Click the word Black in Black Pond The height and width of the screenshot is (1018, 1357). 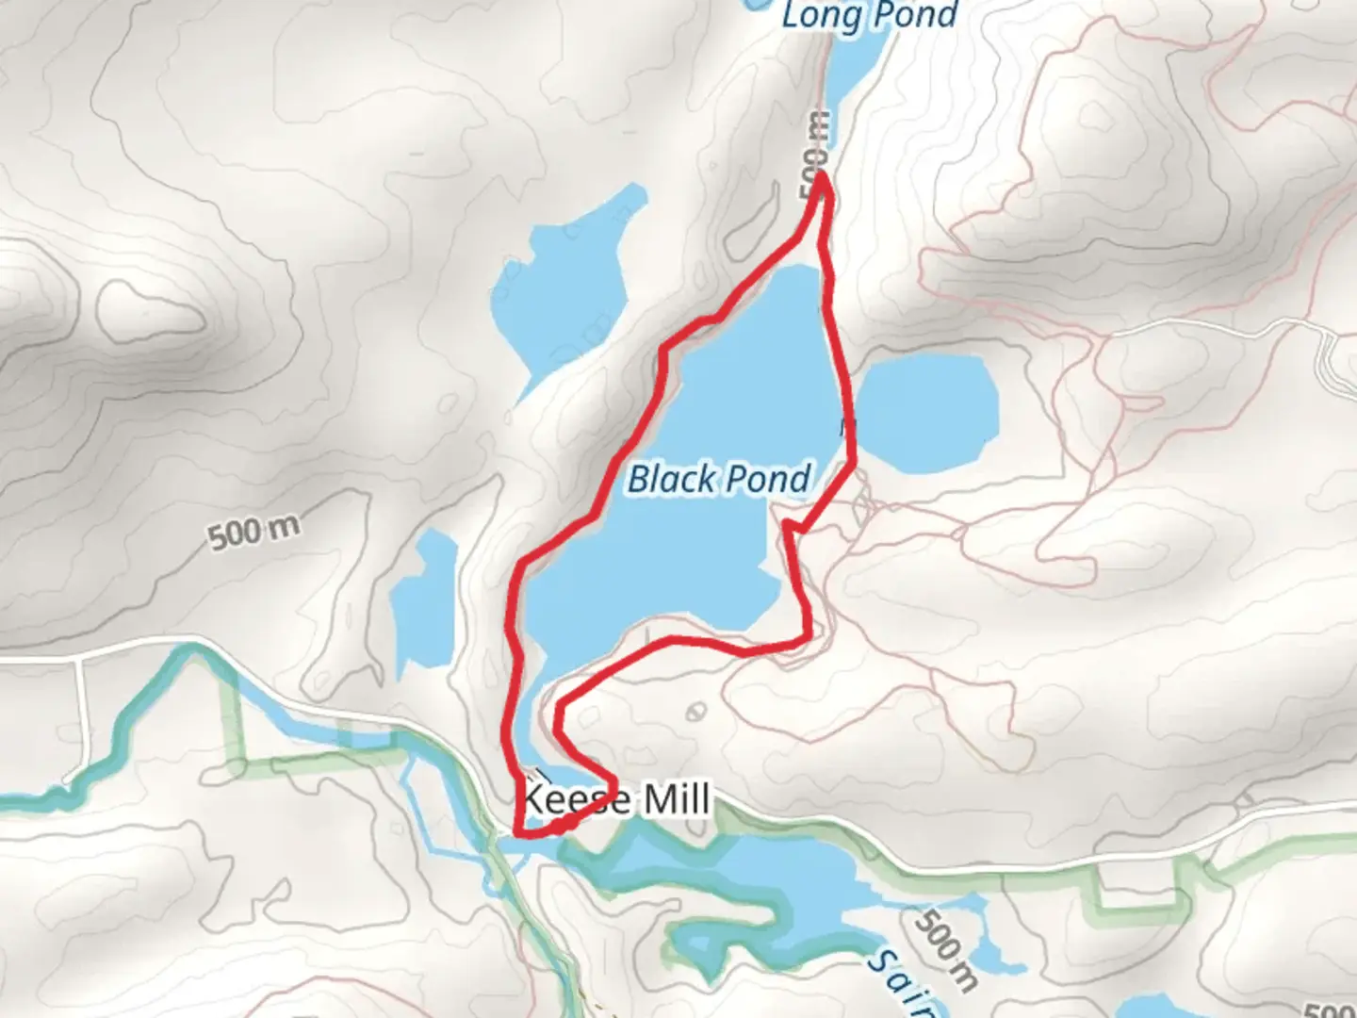671,479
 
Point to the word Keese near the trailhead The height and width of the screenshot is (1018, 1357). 575,800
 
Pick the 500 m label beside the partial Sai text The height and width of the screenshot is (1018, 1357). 945,946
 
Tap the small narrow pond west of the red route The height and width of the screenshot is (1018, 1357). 423,603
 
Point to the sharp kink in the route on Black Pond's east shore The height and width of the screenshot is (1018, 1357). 788,524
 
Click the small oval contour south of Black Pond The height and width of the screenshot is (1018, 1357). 696,712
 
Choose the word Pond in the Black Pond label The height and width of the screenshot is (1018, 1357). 769,479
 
